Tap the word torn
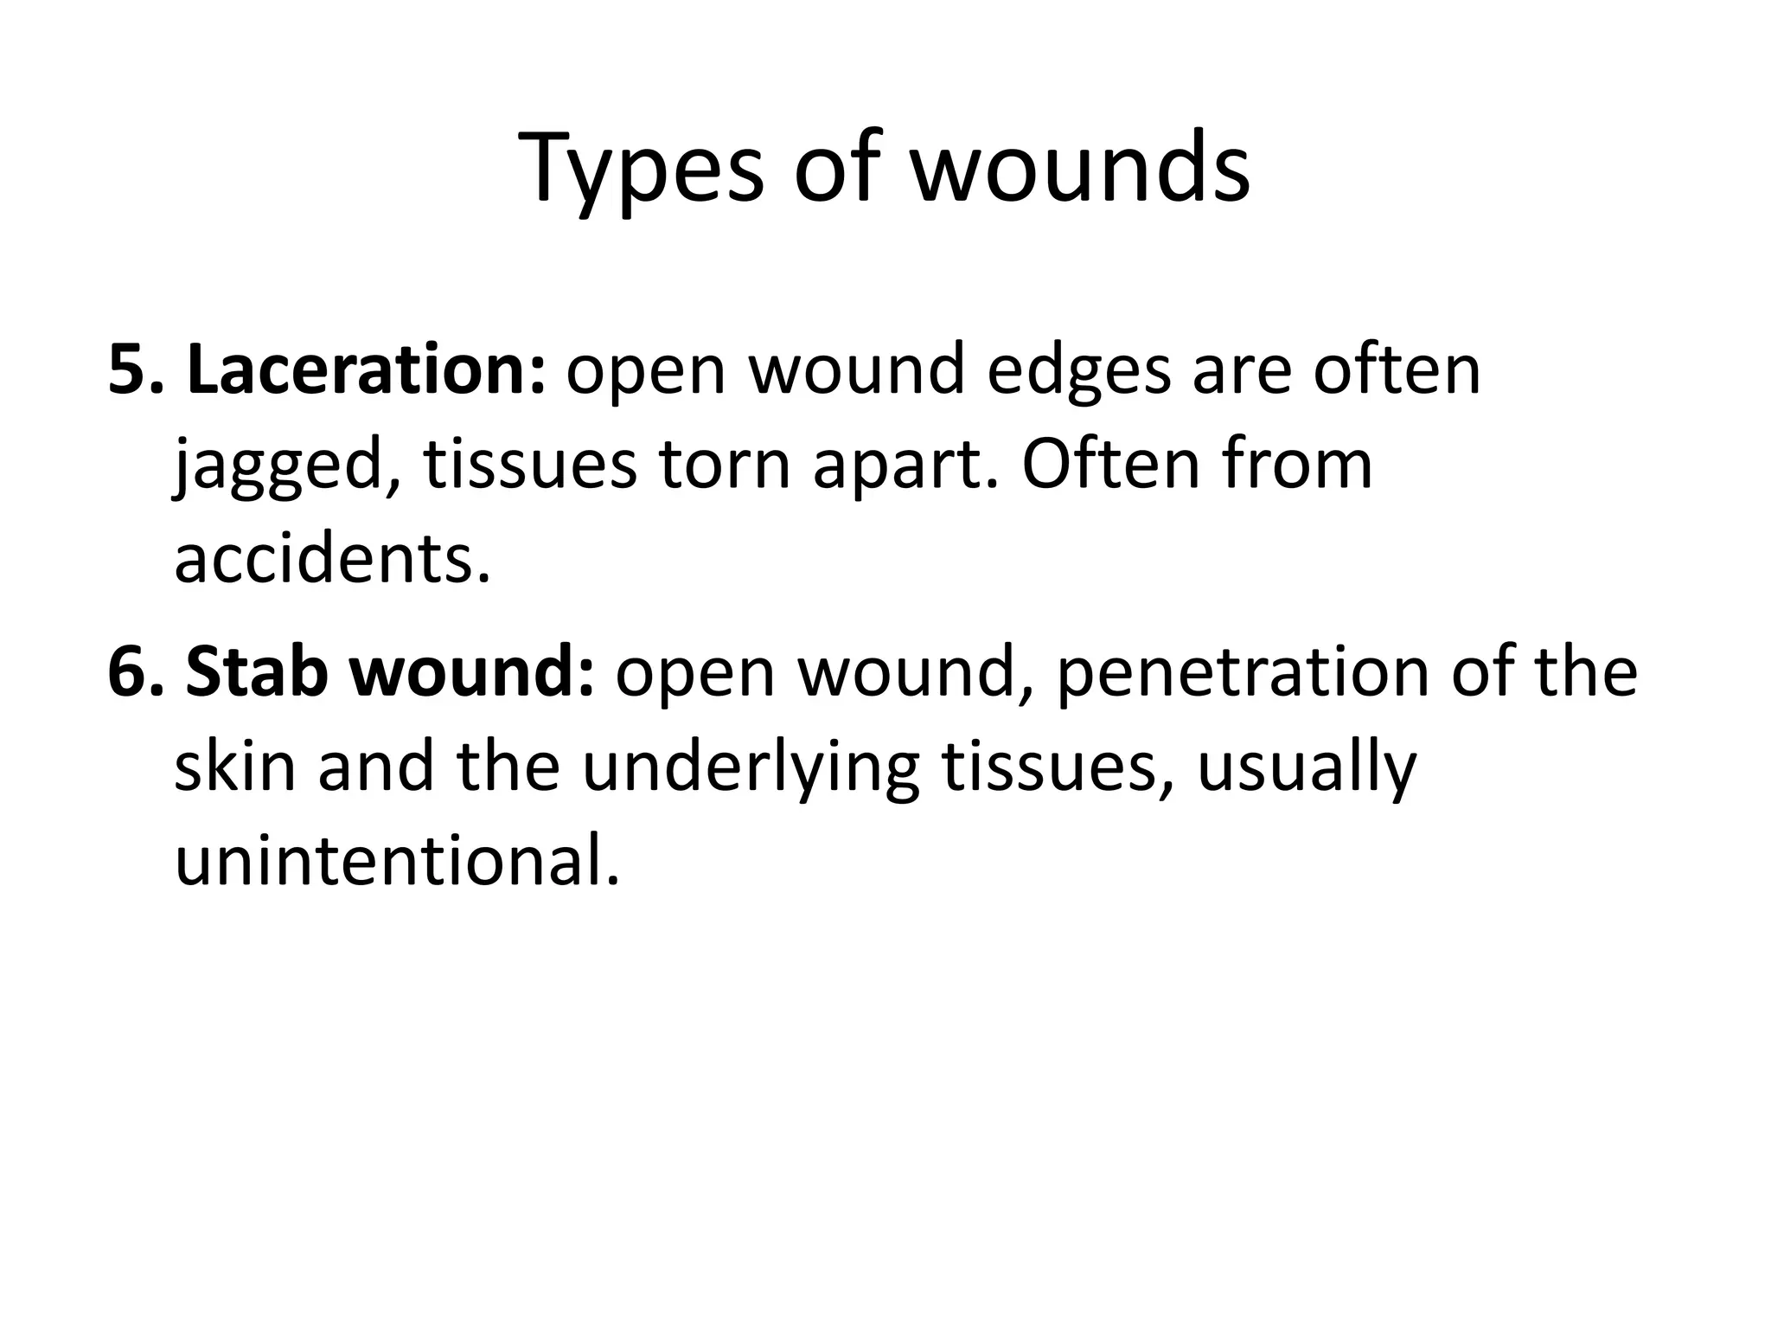724,465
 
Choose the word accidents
332,559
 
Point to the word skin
234,767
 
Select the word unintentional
397,862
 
